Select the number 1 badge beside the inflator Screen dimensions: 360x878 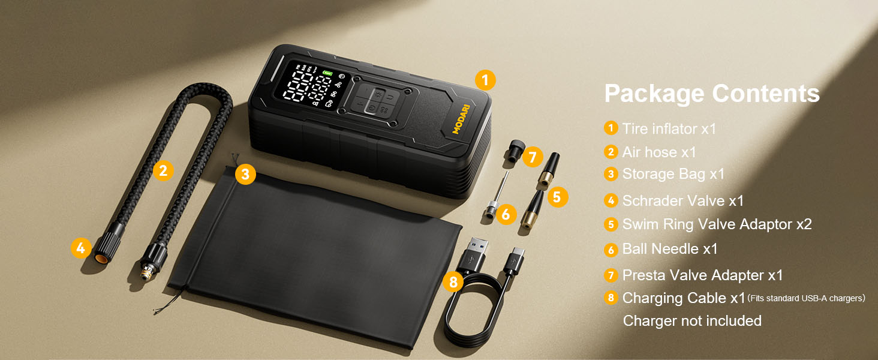[485, 80]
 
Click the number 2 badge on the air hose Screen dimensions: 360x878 [163, 170]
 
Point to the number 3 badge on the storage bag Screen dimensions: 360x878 [245, 175]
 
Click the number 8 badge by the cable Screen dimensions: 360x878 [453, 281]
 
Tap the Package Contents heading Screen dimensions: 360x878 [712, 94]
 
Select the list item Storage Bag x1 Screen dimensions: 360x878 [673, 174]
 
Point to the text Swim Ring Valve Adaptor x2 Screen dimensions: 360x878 [717, 224]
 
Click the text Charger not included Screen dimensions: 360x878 [692, 321]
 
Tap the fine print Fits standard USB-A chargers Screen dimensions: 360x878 [806, 298]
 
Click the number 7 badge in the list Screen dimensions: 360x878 [611, 275]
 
